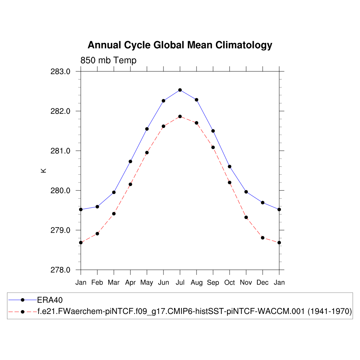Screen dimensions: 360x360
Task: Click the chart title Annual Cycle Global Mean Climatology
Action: point(180,45)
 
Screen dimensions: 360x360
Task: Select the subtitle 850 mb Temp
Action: point(108,60)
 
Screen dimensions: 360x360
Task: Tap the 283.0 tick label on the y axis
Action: point(61,72)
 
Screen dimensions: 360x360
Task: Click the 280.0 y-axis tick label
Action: point(61,191)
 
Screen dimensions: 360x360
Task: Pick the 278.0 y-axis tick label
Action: point(61,270)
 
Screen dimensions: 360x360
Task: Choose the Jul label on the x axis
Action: point(180,283)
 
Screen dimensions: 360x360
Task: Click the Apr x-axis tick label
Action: point(130,283)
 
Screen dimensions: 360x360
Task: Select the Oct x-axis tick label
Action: point(230,283)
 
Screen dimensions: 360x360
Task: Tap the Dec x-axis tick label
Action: point(263,283)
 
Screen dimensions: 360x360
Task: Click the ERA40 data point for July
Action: point(180,90)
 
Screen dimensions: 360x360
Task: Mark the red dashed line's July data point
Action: point(180,116)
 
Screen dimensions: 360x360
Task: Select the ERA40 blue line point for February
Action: point(97,207)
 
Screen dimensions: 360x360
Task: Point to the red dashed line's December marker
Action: point(263,238)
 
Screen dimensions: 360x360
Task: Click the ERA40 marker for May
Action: point(147,129)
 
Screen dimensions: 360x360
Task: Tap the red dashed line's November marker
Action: point(246,217)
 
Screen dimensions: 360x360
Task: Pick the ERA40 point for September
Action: point(213,131)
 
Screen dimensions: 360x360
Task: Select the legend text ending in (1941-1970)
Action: point(195,311)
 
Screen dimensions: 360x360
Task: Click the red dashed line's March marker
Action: point(114,214)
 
